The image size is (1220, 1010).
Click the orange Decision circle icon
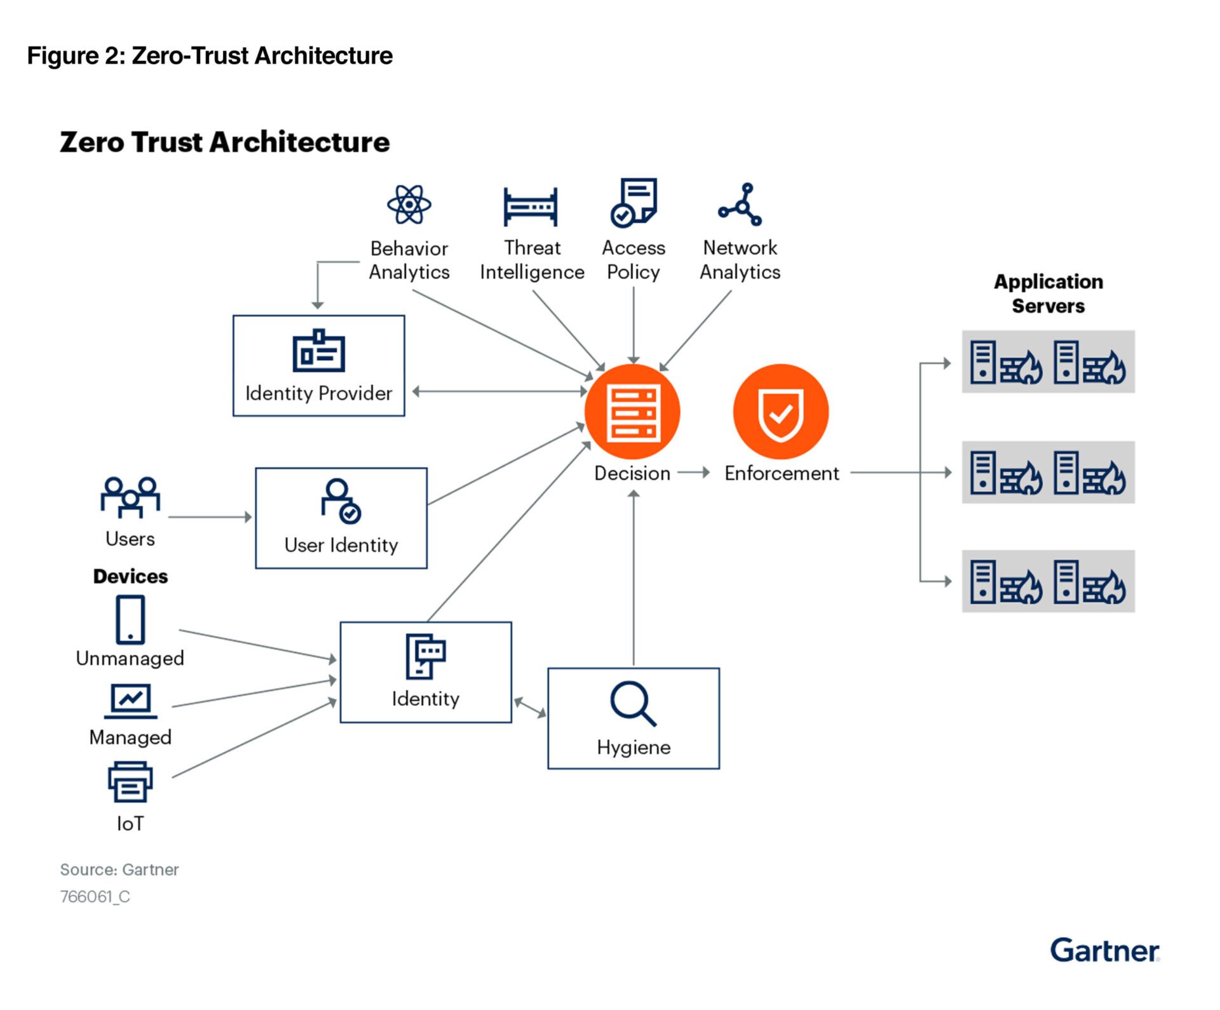(x=632, y=412)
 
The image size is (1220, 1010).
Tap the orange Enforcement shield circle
(x=781, y=412)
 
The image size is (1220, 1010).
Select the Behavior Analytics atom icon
(x=409, y=205)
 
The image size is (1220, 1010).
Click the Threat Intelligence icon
(x=531, y=206)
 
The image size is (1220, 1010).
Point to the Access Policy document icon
(x=634, y=203)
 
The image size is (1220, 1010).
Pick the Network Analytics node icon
(x=740, y=205)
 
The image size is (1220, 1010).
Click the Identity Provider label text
(x=319, y=393)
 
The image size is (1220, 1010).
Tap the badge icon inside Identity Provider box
(x=319, y=351)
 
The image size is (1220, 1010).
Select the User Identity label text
(x=341, y=545)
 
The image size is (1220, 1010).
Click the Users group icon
(x=130, y=497)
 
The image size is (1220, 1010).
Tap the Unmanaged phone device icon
(x=130, y=619)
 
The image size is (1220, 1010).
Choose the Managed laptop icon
(x=130, y=701)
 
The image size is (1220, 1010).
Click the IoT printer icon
(x=130, y=783)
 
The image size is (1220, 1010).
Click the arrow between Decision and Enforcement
(x=693, y=473)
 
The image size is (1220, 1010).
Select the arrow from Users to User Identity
(x=210, y=517)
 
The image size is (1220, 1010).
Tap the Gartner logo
(x=1104, y=951)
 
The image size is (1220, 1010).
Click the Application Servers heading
(x=1048, y=293)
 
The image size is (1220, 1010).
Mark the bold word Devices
(x=130, y=576)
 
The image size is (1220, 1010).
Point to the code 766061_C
(x=95, y=896)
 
